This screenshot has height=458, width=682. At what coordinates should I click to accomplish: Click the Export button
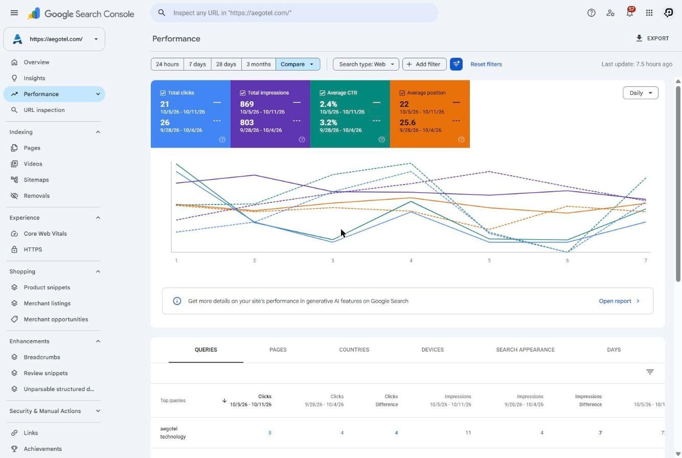pyautogui.click(x=652, y=38)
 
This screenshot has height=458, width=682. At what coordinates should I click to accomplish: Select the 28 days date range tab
pyautogui.click(x=226, y=64)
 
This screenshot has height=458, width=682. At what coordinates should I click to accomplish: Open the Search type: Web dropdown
pyautogui.click(x=366, y=64)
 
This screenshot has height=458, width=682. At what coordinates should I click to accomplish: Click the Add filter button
pyautogui.click(x=424, y=64)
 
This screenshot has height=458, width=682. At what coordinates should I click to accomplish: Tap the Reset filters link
pyautogui.click(x=486, y=64)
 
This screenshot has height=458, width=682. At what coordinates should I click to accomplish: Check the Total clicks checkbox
pyautogui.click(x=163, y=93)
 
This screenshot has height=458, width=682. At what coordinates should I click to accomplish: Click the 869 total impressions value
pyautogui.click(x=246, y=104)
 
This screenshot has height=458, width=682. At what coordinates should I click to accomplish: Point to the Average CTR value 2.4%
pyautogui.click(x=328, y=104)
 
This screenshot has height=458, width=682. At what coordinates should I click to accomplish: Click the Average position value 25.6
pyautogui.click(x=407, y=122)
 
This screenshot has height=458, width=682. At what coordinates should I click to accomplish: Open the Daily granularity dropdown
pyautogui.click(x=640, y=93)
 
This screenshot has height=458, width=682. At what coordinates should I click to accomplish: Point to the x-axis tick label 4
pyautogui.click(x=411, y=261)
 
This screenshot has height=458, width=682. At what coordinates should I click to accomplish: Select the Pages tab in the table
pyautogui.click(x=278, y=350)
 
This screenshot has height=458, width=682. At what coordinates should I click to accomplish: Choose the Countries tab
pyautogui.click(x=354, y=350)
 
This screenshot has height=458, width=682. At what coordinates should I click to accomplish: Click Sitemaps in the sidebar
pyautogui.click(x=36, y=180)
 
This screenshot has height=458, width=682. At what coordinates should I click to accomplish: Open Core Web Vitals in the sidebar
pyautogui.click(x=45, y=234)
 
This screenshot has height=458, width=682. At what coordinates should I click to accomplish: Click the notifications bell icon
pyautogui.click(x=630, y=13)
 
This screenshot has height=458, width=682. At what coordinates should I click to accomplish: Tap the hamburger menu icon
pyautogui.click(x=14, y=13)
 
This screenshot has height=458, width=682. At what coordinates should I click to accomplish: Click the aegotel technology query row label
pyautogui.click(x=173, y=432)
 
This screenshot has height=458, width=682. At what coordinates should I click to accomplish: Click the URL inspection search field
pyautogui.click(x=294, y=13)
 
